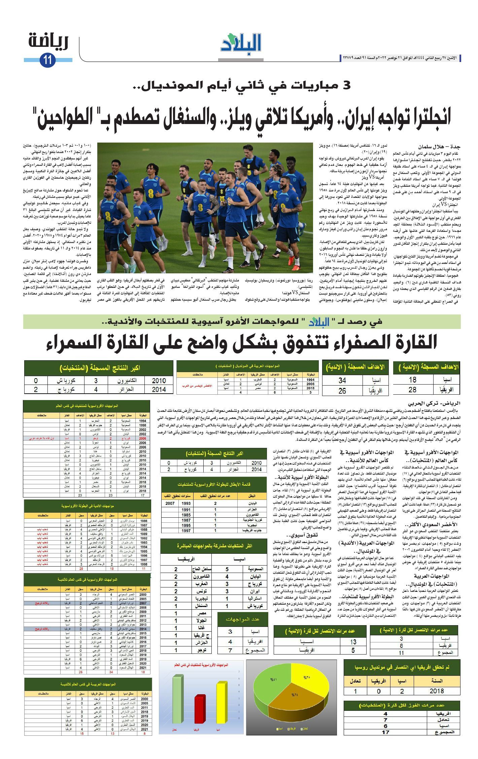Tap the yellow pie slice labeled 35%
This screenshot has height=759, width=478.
coord(308,680)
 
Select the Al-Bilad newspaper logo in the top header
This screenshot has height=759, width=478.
coord(241,43)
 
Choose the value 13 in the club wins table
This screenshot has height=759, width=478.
coord(353,642)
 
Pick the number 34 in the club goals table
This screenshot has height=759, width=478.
coord(342,380)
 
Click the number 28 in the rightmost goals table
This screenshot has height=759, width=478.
coord(412,390)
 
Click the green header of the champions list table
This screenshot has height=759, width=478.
coord(214,484)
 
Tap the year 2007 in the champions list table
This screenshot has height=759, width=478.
coord(170,503)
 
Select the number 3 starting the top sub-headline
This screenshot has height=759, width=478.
coord(346,85)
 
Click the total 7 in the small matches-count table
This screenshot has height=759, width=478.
coord(230,650)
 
